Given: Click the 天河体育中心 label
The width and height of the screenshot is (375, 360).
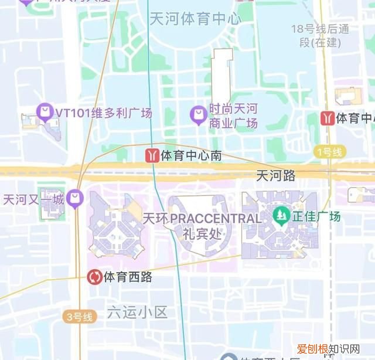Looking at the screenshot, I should pos(195,19).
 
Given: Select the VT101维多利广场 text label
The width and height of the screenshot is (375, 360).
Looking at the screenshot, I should pos(103,112).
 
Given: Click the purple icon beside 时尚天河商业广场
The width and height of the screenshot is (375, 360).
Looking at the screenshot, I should pos(199,113).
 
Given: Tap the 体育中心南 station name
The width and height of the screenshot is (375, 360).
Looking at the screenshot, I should pos(192,156).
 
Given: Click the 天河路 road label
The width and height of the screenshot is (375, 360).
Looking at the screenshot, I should pos(276,175).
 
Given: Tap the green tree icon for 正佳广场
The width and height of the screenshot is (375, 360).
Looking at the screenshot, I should pos(281,216).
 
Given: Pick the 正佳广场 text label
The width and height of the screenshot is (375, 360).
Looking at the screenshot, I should pos(317,216).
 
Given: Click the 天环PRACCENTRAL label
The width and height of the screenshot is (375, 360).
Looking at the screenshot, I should pos(202,218).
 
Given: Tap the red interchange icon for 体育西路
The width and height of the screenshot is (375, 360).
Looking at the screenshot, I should pos(94,276).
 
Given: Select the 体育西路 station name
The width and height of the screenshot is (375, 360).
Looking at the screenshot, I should pos(128,277).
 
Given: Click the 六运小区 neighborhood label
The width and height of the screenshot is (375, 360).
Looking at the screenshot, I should pos(137,312).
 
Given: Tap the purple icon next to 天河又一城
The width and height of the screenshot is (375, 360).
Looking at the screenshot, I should pos(74,199).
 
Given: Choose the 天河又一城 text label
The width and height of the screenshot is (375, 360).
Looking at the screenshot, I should pos(34,199).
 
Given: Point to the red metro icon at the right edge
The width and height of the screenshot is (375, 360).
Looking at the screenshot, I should pos(328,118).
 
